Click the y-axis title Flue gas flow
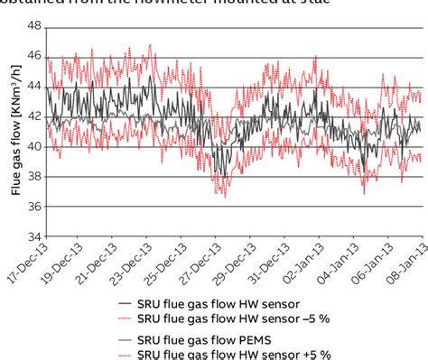click(x=15, y=132)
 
